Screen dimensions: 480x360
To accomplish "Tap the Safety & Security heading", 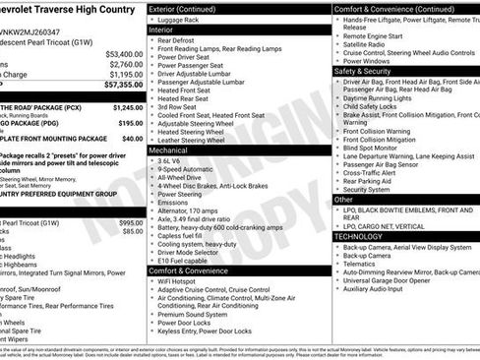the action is (368, 71).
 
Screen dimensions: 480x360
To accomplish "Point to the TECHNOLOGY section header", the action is (365, 236).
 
